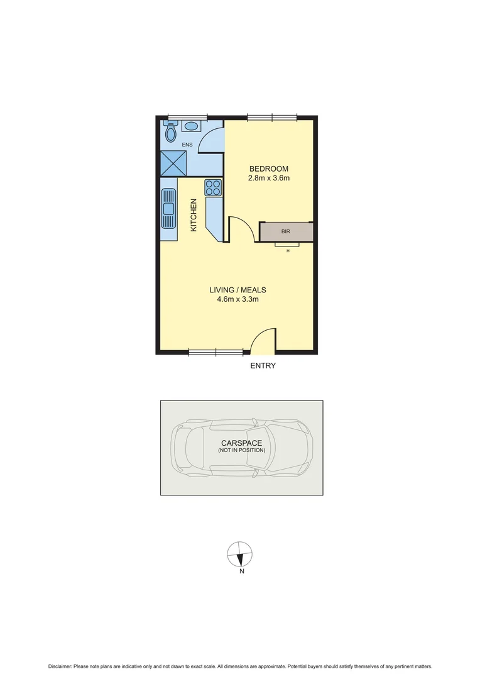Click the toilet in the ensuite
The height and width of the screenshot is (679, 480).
[x=170, y=132]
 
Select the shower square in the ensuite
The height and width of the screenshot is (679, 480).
[x=174, y=163]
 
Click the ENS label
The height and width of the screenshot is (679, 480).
[x=187, y=145]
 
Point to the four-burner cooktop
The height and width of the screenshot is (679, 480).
[x=213, y=187]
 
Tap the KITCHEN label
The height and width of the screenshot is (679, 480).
[x=194, y=215]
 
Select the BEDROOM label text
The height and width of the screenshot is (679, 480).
[x=269, y=168]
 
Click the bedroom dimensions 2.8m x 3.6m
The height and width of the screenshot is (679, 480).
[x=269, y=178]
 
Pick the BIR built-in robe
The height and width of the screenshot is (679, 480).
[x=286, y=231]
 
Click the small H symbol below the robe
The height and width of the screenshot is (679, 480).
[x=288, y=251]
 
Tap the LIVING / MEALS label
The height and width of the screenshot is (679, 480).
[x=237, y=290]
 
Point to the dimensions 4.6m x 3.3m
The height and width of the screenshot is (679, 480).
[x=237, y=299]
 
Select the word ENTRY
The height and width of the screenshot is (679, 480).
[x=263, y=365]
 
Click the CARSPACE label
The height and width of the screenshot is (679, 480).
[x=241, y=443]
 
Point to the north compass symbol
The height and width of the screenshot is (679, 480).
[x=239, y=553]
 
